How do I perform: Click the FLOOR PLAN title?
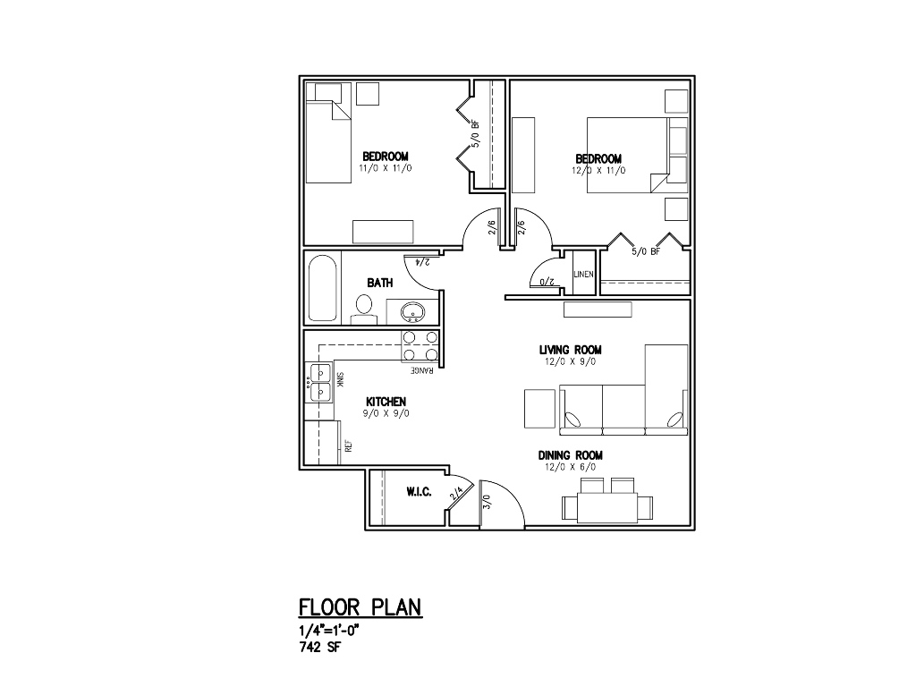tap(360, 607)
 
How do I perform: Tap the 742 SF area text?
tap(319, 648)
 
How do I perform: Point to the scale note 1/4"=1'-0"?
tap(328, 631)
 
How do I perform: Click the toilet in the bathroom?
tap(364, 310)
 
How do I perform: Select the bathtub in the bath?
tap(323, 287)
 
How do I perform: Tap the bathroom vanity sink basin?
tap(413, 312)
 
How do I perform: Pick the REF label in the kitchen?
tap(348, 446)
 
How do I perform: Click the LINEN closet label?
tap(583, 274)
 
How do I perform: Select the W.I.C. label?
tap(419, 492)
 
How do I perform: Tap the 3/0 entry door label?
tap(488, 502)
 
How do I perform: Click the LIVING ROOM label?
tap(570, 350)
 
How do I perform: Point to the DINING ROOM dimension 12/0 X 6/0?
tap(570, 467)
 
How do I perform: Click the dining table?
tap(607, 507)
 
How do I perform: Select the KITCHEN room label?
tap(386, 402)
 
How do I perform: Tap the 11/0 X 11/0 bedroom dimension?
tap(386, 168)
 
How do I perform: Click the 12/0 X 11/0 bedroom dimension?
tap(598, 171)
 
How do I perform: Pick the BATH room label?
tap(379, 283)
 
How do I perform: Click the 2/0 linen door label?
tap(545, 282)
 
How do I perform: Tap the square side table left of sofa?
tap(539, 408)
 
